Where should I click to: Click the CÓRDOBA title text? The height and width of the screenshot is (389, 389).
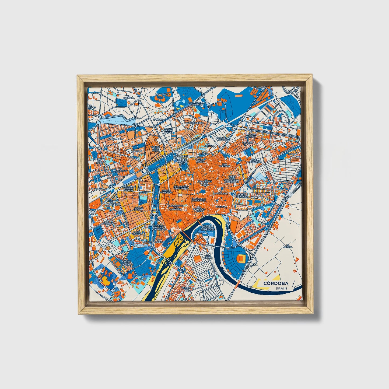click(x=276, y=283)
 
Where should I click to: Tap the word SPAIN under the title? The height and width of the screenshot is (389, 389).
click(x=281, y=289)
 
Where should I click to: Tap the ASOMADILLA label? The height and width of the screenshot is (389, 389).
click(x=163, y=94)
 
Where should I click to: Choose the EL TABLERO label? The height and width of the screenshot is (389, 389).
click(x=128, y=97)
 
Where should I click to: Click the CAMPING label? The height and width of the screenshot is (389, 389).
click(x=158, y=119)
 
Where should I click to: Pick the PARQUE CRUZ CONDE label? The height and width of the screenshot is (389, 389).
click(x=126, y=263)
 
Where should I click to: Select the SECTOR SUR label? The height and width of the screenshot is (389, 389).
click(x=186, y=289)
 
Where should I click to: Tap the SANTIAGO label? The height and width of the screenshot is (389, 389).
click(x=221, y=207)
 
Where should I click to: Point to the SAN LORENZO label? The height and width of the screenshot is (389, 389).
click(x=224, y=165)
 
